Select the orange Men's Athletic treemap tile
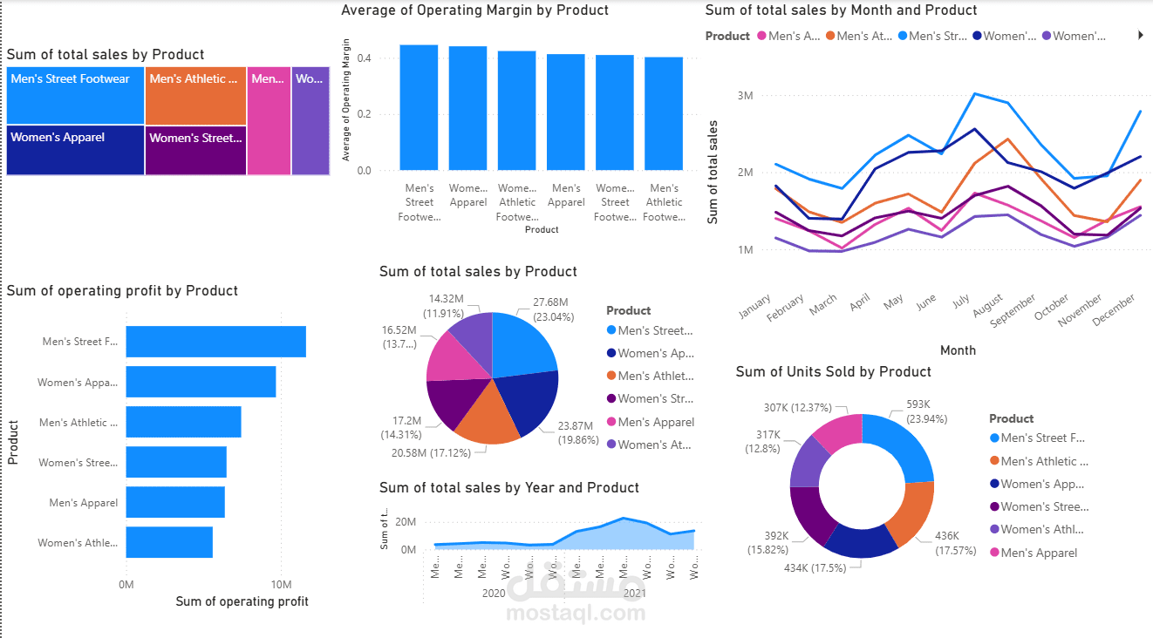pyautogui.click(x=195, y=96)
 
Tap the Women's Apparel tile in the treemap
pyautogui.click(x=75, y=151)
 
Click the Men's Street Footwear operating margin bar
pyautogui.click(x=419, y=107)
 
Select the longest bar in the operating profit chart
pyautogui.click(x=215, y=342)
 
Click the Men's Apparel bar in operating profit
pyautogui.click(x=175, y=503)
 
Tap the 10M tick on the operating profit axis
pyautogui.click(x=280, y=584)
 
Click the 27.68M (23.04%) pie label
pyautogui.click(x=550, y=310)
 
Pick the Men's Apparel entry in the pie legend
pyautogui.click(x=655, y=422)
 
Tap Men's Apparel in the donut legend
pyautogui.click(x=1038, y=553)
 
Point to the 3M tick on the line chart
pyautogui.click(x=745, y=95)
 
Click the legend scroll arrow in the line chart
pyautogui.click(x=1141, y=36)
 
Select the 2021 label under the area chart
pyautogui.click(x=635, y=593)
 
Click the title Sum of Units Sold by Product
pyautogui.click(x=833, y=371)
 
